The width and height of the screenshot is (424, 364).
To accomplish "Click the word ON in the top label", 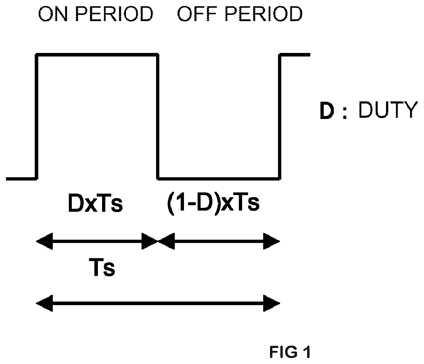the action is pos(53,14).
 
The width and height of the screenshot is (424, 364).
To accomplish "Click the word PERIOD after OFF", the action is pos(264,14).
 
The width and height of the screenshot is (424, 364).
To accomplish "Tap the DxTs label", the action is pos(95,203).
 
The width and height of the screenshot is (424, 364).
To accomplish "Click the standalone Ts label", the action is pos(102,267).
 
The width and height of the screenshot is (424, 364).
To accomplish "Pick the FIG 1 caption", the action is pos(290,352).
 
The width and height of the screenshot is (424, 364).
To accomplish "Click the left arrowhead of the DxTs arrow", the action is pos(44,241).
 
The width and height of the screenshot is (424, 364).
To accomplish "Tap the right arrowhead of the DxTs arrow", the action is pos(150,241).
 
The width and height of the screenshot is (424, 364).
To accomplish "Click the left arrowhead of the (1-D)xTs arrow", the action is pos(166,241).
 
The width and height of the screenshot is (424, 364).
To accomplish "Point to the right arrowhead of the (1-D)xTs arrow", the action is pos(272,241).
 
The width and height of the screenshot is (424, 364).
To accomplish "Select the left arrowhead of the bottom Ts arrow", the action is pos(44,303).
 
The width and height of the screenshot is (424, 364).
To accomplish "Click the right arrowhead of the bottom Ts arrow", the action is pos(272,303).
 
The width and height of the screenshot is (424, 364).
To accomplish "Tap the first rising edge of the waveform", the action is pos(36,117).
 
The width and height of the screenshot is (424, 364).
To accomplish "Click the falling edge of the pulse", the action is pos(158,117).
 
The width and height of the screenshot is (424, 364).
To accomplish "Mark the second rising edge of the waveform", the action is pos(280,117).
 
